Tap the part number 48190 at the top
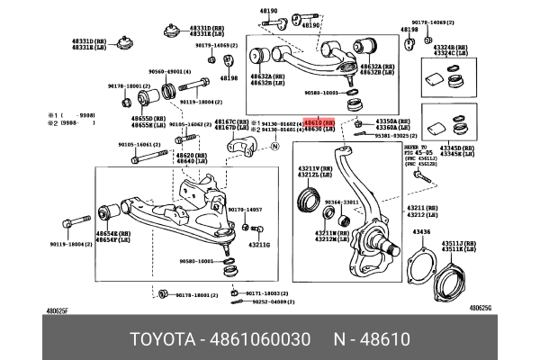tap(270, 10)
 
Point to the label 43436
tap(421, 232)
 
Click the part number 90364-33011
tap(341, 202)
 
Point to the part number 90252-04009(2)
tap(270, 301)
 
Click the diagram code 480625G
tap(481, 307)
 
